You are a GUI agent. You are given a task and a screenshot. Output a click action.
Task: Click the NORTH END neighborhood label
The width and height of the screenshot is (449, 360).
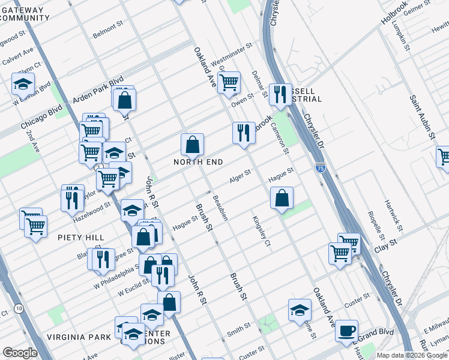pos(198,162)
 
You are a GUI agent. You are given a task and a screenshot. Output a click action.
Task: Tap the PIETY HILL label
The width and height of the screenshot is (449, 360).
pos(81,238)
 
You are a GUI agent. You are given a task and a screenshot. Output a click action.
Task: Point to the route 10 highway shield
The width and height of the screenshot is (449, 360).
pos(20,308)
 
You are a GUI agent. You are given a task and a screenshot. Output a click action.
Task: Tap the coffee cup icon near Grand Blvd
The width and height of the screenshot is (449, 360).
pos(347,331)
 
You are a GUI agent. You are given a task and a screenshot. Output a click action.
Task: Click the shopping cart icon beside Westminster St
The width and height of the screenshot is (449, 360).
pos(229,82)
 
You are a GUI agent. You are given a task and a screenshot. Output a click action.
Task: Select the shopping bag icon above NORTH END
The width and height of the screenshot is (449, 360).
pos(192,145)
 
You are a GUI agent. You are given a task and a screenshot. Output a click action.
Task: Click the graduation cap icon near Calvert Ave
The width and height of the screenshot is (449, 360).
pos(23,84)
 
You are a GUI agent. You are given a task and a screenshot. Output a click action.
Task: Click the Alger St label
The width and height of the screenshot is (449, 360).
pos(240,177)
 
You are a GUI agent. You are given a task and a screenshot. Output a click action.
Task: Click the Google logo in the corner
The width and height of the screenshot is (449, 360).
pos(20,353)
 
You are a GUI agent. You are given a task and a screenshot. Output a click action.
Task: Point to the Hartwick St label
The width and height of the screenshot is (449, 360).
pos(393,217)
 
